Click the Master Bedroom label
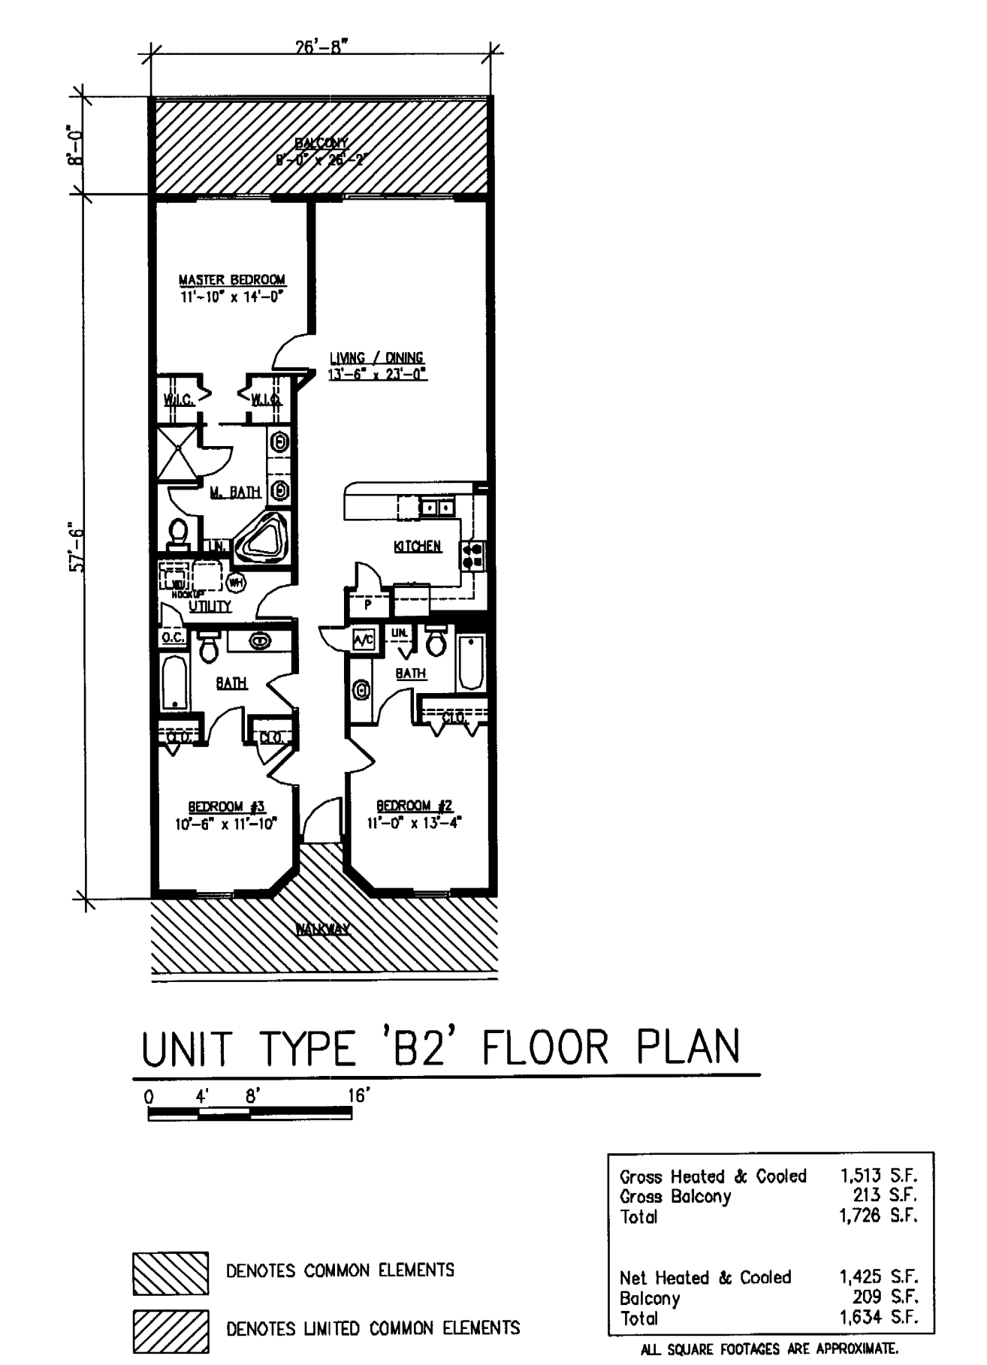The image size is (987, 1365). point(231,279)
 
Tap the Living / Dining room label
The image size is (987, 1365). point(376,358)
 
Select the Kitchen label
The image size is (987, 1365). point(417,546)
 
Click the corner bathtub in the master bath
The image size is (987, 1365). point(261,538)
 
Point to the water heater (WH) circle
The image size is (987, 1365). point(235,581)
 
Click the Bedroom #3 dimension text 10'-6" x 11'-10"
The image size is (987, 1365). point(226,824)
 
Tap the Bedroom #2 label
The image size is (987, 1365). point(414,806)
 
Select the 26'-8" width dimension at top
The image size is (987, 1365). point(321,47)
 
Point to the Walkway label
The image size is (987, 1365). point(322,929)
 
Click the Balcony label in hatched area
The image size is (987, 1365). point(321,143)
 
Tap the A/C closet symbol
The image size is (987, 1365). point(364,640)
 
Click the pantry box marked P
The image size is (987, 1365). point(368,604)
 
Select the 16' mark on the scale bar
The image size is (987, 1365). point(358,1095)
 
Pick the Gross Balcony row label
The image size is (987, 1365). point(675,1196)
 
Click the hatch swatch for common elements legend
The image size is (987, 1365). point(171,1273)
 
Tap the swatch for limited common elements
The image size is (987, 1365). point(171,1331)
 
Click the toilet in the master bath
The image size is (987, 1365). point(179,532)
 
